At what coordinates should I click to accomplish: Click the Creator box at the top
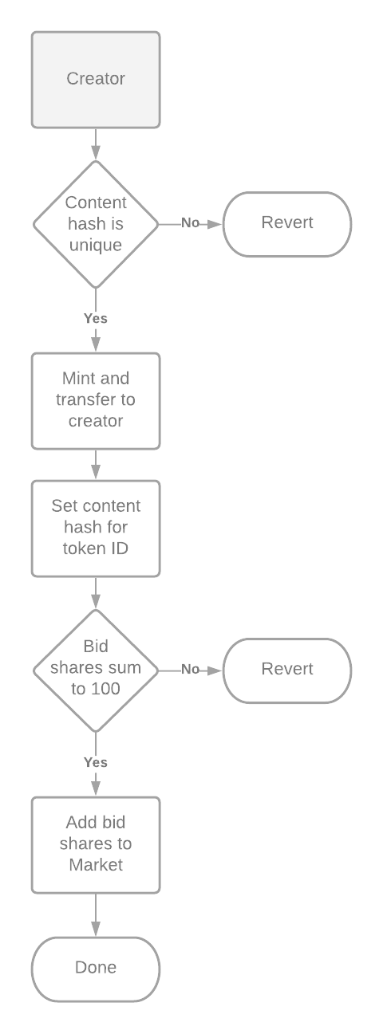[96, 79]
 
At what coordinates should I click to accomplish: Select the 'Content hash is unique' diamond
[96, 224]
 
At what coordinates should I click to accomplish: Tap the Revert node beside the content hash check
[286, 223]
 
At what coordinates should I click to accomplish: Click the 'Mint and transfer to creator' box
[96, 399]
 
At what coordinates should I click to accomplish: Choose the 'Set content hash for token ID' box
[96, 527]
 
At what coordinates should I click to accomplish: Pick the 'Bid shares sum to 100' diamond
[96, 669]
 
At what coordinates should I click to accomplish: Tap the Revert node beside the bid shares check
[286, 669]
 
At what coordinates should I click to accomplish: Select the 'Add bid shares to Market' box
[96, 843]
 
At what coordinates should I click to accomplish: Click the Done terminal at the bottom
[96, 968]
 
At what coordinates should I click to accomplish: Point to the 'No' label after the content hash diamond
[190, 223]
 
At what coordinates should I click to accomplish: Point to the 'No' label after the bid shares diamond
[190, 669]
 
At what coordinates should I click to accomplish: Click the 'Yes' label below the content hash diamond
[96, 318]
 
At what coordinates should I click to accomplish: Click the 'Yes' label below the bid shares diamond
[96, 762]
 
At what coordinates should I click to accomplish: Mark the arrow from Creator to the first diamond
[96, 144]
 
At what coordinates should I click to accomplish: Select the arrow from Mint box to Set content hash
[96, 463]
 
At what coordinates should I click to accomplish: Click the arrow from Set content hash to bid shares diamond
[96, 592]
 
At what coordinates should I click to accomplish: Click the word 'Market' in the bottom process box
[96, 864]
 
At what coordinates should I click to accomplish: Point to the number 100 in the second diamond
[106, 689]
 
